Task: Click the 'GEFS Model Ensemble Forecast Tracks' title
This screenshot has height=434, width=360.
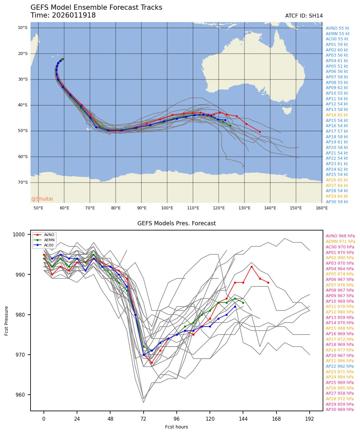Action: tap(96, 8)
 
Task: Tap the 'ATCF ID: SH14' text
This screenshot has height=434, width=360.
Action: tap(304, 16)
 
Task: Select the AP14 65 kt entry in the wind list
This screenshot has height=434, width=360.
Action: tap(337, 115)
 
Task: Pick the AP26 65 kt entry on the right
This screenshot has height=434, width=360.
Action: tap(337, 180)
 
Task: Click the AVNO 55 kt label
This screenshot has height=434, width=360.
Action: tap(337, 28)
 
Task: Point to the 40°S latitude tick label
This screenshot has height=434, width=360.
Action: tap(22, 105)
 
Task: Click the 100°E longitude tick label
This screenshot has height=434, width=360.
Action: tap(167, 208)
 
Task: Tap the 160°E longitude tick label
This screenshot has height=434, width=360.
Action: tap(322, 208)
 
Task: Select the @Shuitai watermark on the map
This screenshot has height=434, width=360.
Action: tap(42, 199)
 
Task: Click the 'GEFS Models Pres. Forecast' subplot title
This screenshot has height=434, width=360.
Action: tap(176, 224)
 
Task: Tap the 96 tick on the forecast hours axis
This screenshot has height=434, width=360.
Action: tap(176, 419)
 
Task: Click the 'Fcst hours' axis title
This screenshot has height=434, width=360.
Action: tap(176, 427)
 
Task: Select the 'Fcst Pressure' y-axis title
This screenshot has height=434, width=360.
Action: tap(6, 321)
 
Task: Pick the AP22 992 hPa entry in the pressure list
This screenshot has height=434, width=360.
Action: tap(340, 366)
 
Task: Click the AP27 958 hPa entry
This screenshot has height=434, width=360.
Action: tap(340, 393)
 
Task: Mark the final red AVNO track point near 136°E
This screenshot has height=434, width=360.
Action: tap(260, 132)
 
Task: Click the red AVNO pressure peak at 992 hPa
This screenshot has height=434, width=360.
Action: tap(251, 267)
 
